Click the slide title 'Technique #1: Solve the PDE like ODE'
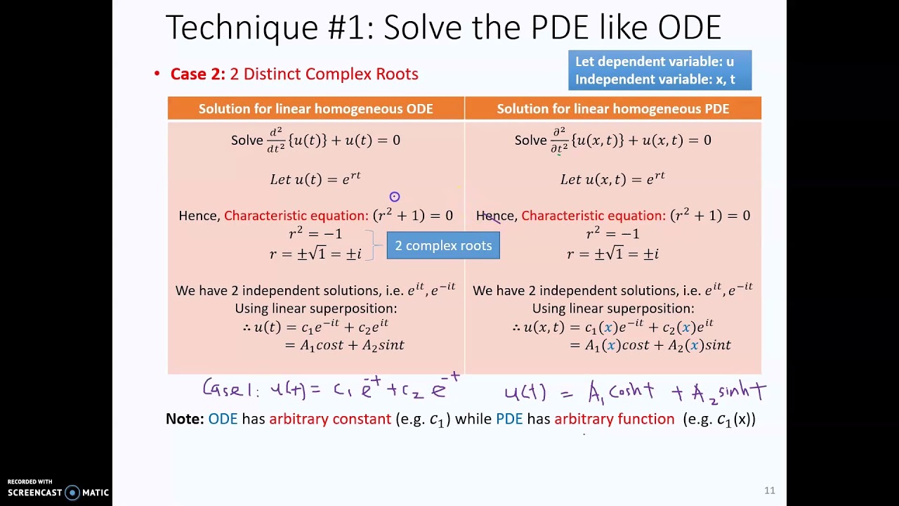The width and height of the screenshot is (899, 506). coord(443,28)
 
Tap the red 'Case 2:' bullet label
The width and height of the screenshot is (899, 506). coord(198,74)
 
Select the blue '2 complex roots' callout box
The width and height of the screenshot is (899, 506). coord(443,246)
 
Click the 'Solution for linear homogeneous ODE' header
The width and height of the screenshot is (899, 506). coord(315,109)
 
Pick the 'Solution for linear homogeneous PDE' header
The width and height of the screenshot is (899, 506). coord(612,109)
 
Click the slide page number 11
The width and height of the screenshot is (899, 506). coord(769,491)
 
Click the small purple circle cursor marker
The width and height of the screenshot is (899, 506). coord(395,197)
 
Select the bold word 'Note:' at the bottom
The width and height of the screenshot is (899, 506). coord(185,420)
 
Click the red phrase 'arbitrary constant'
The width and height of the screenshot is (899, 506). coord(330,420)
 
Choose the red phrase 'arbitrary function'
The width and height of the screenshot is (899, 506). coord(614,420)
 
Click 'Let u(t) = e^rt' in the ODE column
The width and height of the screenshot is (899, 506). coord(315,179)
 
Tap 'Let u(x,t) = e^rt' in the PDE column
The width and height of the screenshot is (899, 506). coord(612,179)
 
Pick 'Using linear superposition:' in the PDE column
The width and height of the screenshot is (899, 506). coord(612,309)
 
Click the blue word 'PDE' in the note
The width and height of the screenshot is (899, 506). coord(509,420)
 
